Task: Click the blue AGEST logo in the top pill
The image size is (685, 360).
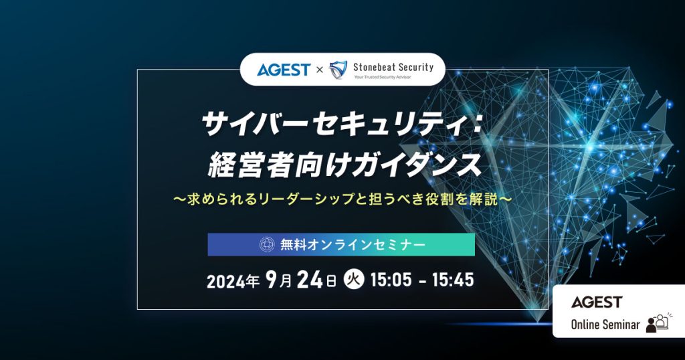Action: coord(283,69)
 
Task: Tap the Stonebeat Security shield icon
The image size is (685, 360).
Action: coord(338,69)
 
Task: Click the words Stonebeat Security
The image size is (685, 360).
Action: coord(393,66)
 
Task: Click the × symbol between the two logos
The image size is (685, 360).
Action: coord(319,70)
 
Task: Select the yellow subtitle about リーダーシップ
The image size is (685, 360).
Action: coord(342,199)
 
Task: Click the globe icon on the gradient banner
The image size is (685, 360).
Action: coord(267,245)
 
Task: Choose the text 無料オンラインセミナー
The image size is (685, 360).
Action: coord(352,245)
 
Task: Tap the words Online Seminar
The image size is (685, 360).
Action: coord(605,325)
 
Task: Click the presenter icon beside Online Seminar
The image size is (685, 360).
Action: coord(658,323)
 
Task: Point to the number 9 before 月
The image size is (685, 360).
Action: coord(272,280)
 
